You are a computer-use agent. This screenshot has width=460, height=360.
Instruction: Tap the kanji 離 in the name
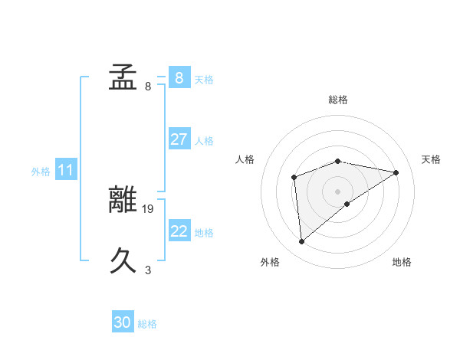coord(123,200)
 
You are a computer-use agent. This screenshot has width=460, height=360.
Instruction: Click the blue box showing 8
coord(179,77)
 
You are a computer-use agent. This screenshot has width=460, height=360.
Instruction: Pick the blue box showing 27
coord(179,139)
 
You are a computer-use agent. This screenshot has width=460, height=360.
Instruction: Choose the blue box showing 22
coord(179,231)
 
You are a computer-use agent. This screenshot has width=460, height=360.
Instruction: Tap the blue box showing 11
coord(66,170)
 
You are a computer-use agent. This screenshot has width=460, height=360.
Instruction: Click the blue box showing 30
coord(123,322)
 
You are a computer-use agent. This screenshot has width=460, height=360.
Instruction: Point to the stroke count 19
coord(149,208)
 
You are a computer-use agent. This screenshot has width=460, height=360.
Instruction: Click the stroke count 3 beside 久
coord(148,270)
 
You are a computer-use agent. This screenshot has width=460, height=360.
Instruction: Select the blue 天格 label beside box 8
coord(204,79)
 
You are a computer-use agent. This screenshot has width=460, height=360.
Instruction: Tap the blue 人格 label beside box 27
coord(204,141)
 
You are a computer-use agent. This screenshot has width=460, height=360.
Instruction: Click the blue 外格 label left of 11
coord(41,172)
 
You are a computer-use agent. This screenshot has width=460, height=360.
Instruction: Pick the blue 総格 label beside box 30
coord(147,324)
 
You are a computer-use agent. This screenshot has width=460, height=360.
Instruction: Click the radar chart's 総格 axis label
coord(338,100)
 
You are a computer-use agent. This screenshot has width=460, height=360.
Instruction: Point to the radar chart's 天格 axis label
coord(432,159)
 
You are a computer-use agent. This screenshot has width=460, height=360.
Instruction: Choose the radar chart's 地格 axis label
coord(402,263)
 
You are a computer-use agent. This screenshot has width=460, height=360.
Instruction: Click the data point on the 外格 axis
coord(302,242)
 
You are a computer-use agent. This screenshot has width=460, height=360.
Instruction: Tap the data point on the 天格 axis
coord(396,172)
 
